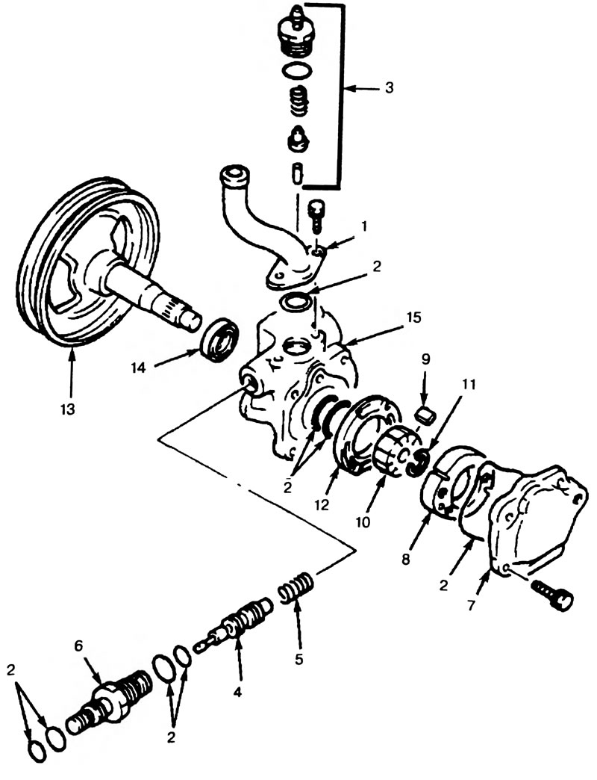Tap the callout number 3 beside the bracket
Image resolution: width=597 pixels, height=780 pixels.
tap(389, 88)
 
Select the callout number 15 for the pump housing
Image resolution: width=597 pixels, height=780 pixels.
tap(413, 317)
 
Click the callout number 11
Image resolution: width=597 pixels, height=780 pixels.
tap(469, 384)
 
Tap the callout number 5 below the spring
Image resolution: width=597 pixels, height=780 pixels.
tap(298, 659)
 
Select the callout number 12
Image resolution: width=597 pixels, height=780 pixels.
tap(322, 505)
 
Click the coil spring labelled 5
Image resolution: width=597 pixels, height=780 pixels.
tap(296, 588)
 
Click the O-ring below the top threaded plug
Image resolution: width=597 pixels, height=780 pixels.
tap(297, 70)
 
